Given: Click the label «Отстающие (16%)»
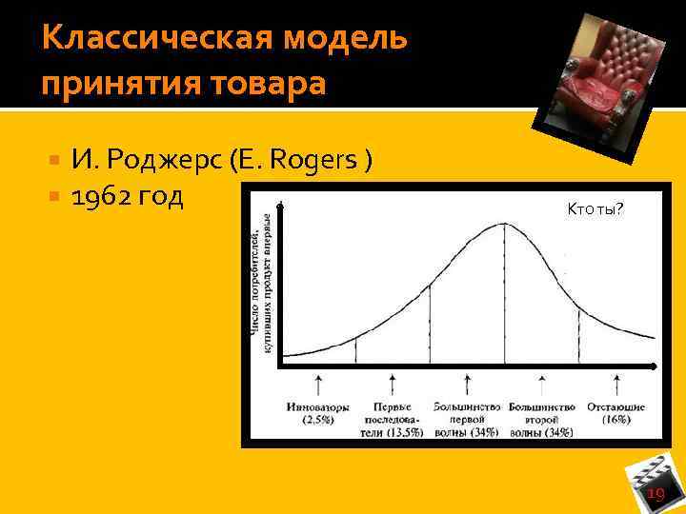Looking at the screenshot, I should pos(615,413).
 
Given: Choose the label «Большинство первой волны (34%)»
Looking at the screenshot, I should pos(467,419).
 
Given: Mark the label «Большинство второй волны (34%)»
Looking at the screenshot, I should pos(541,419).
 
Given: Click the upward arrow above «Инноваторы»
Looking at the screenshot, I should pos(318,385).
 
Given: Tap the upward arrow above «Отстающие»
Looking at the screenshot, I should pos(615,385).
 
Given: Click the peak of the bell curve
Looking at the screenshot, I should pos(504,224).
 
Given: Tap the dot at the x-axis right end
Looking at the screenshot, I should pos(654,366).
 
